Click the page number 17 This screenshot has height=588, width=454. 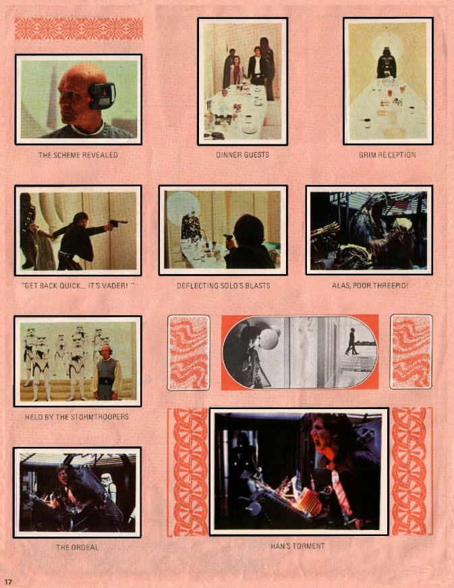8,582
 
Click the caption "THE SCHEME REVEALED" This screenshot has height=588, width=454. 78,155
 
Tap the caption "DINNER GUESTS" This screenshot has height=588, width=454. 242,155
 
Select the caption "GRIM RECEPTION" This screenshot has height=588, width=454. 387,155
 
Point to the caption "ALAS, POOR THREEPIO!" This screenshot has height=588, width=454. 370,286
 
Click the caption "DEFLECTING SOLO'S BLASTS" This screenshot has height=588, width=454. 223,286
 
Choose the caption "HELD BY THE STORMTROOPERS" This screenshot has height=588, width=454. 77,417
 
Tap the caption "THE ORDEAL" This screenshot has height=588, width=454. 77,547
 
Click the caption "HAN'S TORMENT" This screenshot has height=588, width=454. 297,546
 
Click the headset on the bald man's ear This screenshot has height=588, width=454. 101,95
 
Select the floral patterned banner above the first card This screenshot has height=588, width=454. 79,29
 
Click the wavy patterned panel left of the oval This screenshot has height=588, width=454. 188,352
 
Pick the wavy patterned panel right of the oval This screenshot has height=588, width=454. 412,352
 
